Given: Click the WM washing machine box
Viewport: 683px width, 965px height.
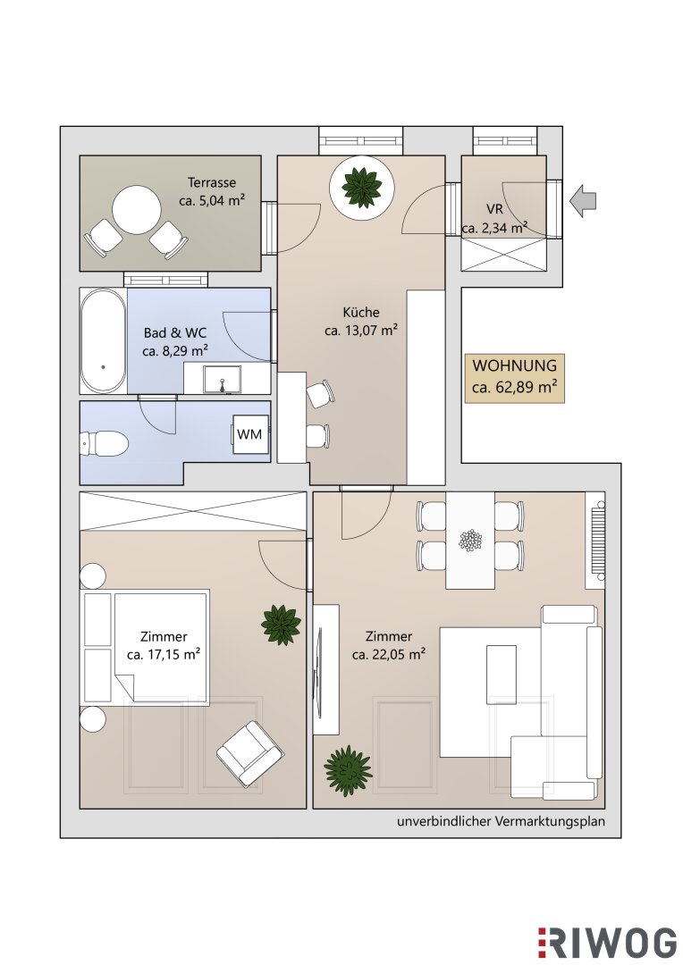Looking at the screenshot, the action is tap(249, 434).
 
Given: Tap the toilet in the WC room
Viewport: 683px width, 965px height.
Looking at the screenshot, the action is tap(104, 442).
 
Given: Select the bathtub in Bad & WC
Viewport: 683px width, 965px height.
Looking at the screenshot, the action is tap(103, 341).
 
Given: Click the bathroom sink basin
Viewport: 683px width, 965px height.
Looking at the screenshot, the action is tap(221, 378).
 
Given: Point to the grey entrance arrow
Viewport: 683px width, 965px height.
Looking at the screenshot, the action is tap(583, 201).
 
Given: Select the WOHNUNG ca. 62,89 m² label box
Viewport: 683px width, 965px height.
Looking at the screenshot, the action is tap(514, 378).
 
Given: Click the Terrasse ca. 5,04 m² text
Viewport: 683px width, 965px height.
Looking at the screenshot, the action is tap(212, 191).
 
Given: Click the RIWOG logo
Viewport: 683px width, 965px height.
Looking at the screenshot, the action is tap(606, 943).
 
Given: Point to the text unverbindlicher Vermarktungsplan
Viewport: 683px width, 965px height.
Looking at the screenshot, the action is tap(501, 822).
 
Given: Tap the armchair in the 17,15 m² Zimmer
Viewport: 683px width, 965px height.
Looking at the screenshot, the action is tap(250, 753).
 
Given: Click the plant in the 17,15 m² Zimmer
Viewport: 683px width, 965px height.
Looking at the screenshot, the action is tap(282, 624).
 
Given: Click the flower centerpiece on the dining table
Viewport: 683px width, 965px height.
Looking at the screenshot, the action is tap(470, 540).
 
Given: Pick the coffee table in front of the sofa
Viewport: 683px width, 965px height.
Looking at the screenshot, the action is tap(502, 674).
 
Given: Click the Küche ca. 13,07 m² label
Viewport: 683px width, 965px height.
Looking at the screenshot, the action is tap(361, 322).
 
